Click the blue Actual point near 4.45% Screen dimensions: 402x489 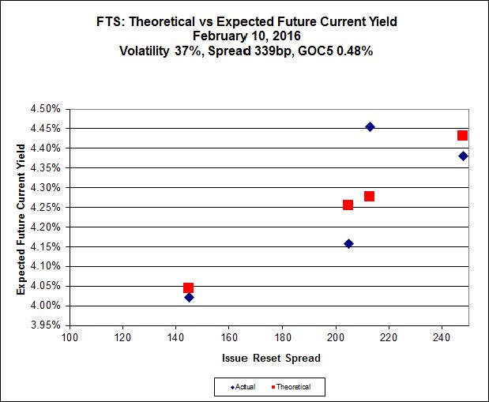(370, 126)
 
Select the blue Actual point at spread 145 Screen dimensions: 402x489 (189, 298)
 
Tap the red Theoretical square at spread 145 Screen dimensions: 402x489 (188, 288)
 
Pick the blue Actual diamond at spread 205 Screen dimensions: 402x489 (348, 243)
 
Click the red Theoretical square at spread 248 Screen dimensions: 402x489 (462, 136)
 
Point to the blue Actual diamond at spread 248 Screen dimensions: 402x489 (463, 156)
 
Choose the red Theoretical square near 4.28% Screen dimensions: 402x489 (369, 196)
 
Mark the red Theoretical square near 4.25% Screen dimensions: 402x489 (348, 205)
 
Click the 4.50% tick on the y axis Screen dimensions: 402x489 (46, 109)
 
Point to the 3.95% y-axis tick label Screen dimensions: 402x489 (46, 325)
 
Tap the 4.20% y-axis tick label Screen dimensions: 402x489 (46, 227)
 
